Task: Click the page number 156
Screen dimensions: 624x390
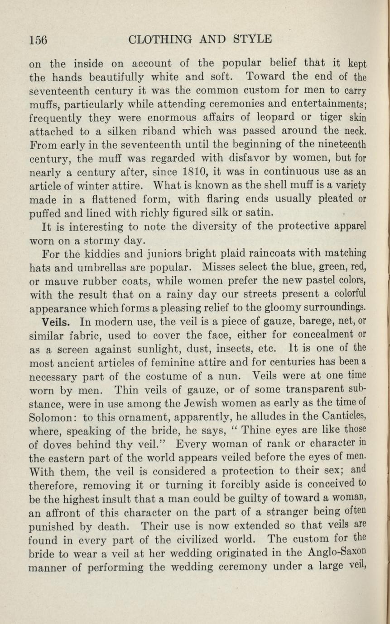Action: pos(39,40)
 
